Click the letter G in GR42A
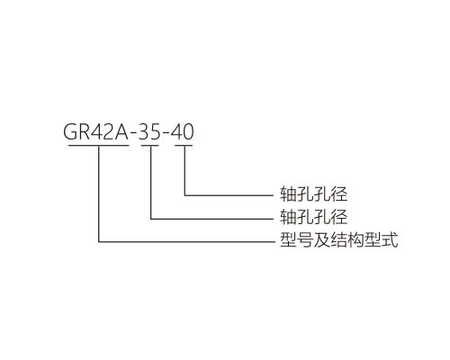(x=71, y=131)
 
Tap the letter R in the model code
(x=86, y=131)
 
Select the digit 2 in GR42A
(x=108, y=131)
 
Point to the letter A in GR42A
(x=121, y=131)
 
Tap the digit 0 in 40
(x=188, y=131)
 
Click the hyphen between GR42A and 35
(x=133, y=134)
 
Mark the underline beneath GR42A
(x=99, y=146)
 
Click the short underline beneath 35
(x=150, y=146)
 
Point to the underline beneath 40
(x=184, y=146)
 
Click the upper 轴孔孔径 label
(x=313, y=193)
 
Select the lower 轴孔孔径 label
(x=313, y=217)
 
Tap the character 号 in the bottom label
(x=305, y=239)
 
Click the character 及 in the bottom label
(x=322, y=239)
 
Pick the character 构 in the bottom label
(x=355, y=239)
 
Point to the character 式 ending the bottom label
(x=390, y=239)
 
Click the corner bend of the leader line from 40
(x=184, y=195)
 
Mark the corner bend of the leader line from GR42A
(x=99, y=241)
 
